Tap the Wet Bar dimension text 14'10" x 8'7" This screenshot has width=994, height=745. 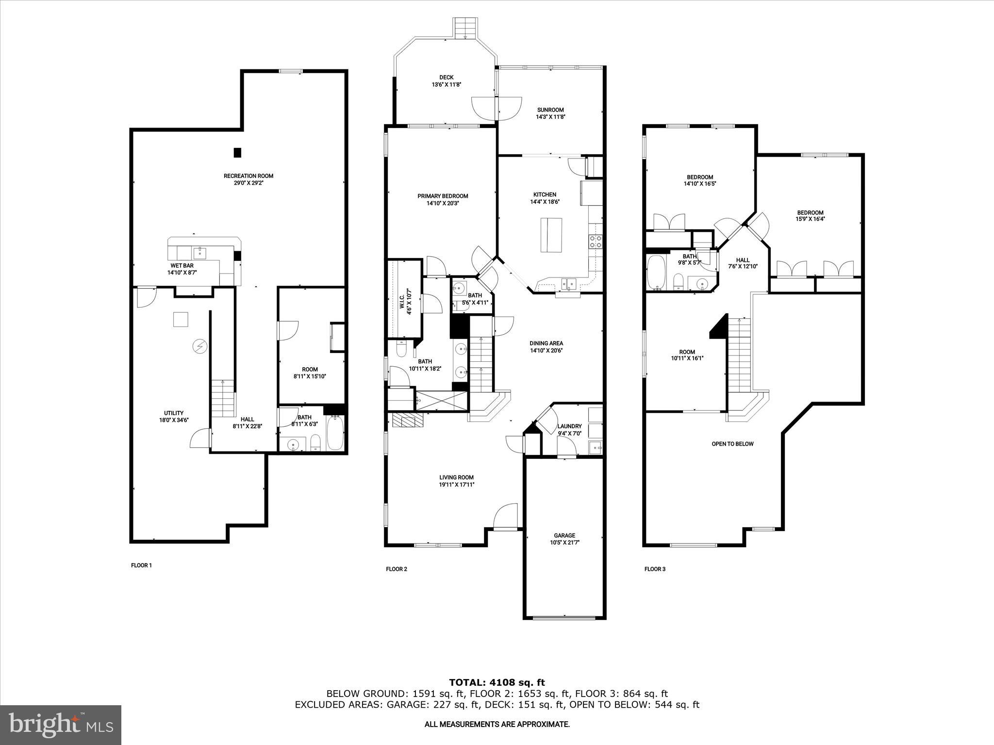[x=182, y=273]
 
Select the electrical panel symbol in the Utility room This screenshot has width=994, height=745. [x=199, y=346]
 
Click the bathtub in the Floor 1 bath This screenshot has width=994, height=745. [x=335, y=433]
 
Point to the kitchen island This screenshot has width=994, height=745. [x=552, y=235]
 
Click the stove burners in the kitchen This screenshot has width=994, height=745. [x=596, y=242]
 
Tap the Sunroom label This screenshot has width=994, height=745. [x=550, y=110]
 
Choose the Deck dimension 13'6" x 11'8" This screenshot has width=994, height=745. [x=446, y=84]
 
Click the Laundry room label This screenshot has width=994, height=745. [x=569, y=426]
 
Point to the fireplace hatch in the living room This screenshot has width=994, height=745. [x=408, y=420]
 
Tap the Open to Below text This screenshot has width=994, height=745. [x=732, y=444]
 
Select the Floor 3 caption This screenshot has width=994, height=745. [x=655, y=569]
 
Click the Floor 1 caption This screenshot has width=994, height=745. [x=141, y=565]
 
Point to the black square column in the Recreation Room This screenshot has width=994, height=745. [x=237, y=152]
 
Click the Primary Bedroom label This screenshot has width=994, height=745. [x=443, y=196]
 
